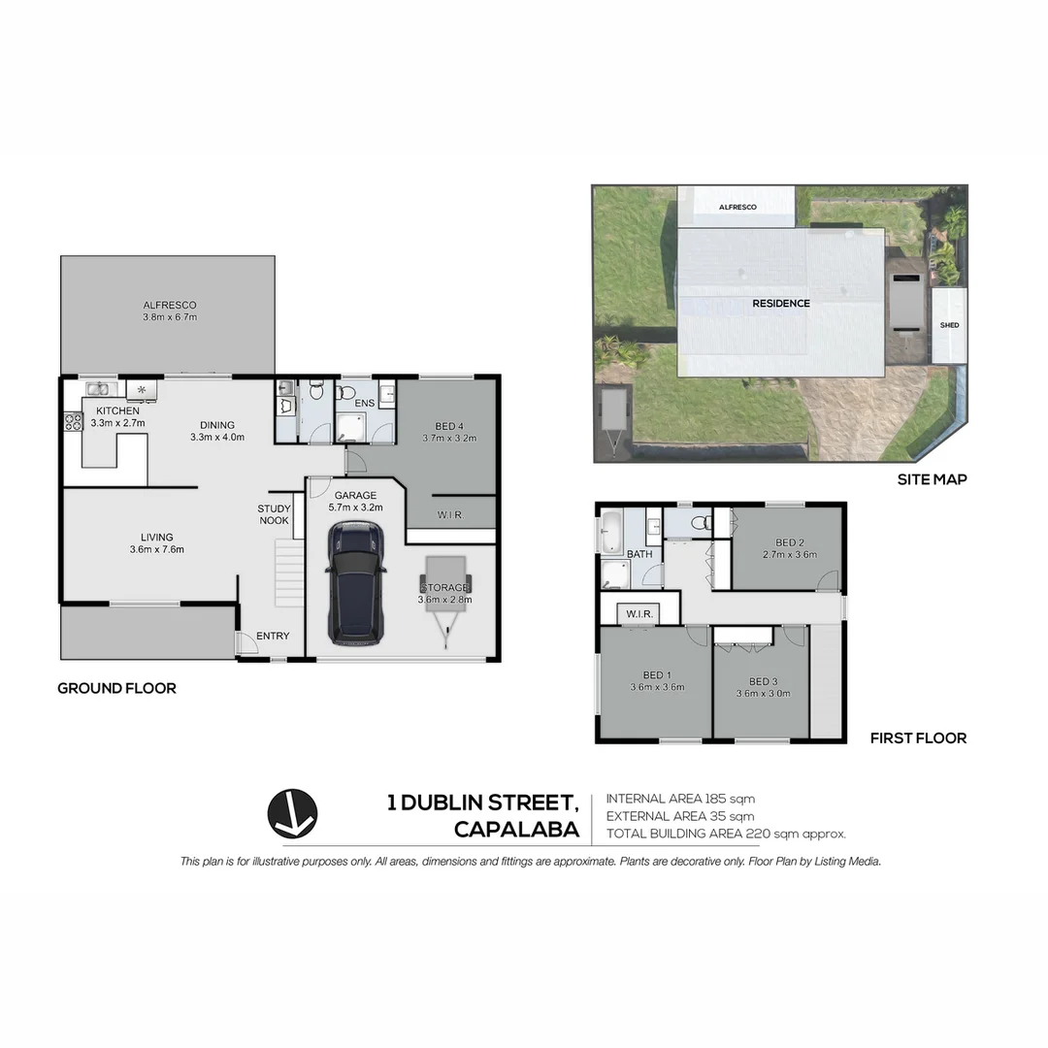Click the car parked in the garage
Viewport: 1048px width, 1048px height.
click(356, 583)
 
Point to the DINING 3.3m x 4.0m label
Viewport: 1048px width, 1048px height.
click(217, 431)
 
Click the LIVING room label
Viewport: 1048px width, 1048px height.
click(156, 543)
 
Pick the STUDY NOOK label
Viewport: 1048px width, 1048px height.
click(274, 514)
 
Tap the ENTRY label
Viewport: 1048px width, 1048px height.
click(273, 637)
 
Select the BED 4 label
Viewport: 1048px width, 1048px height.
click(449, 432)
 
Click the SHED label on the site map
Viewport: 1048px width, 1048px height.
click(949, 325)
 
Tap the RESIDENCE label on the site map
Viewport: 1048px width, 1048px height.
click(781, 304)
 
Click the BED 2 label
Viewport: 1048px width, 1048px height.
click(789, 548)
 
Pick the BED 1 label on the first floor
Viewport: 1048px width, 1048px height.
click(657, 681)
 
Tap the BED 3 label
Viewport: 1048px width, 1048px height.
click(763, 687)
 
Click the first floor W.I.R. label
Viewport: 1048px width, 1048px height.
click(639, 614)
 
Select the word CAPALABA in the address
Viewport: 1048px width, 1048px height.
click(516, 831)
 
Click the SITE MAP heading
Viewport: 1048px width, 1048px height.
click(932, 479)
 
